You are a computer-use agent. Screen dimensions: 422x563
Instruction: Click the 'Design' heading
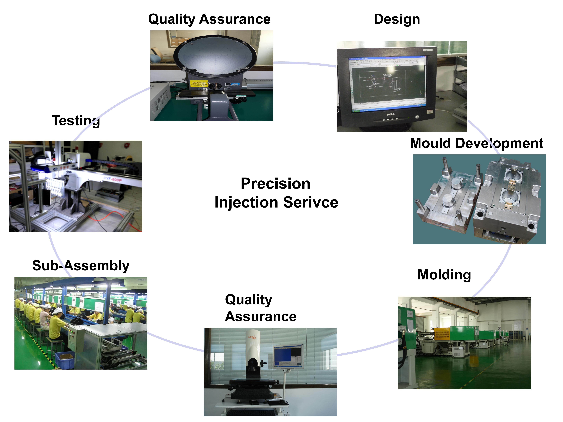(x=397, y=19)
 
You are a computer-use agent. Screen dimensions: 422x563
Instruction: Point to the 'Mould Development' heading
(x=476, y=143)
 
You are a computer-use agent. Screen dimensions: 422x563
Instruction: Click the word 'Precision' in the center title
(x=275, y=184)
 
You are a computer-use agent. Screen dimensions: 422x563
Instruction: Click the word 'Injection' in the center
(x=246, y=203)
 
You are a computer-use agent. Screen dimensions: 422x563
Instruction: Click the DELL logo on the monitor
(x=390, y=114)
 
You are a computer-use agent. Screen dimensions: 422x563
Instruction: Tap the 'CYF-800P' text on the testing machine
(x=113, y=179)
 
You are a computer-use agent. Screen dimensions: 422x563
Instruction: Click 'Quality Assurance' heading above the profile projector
(x=209, y=19)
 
